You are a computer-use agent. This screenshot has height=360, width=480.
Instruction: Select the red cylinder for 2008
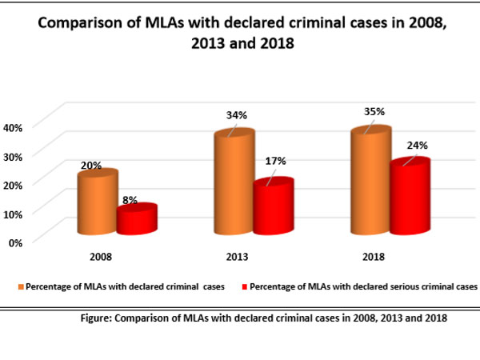136,219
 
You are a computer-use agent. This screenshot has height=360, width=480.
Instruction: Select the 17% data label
277,161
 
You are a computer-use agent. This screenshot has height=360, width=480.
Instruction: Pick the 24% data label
417,146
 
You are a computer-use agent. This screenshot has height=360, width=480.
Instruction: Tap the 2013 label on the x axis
237,257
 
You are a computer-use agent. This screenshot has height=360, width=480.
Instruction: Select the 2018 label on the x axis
373,257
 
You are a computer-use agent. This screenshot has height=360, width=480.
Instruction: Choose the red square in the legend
245,286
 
